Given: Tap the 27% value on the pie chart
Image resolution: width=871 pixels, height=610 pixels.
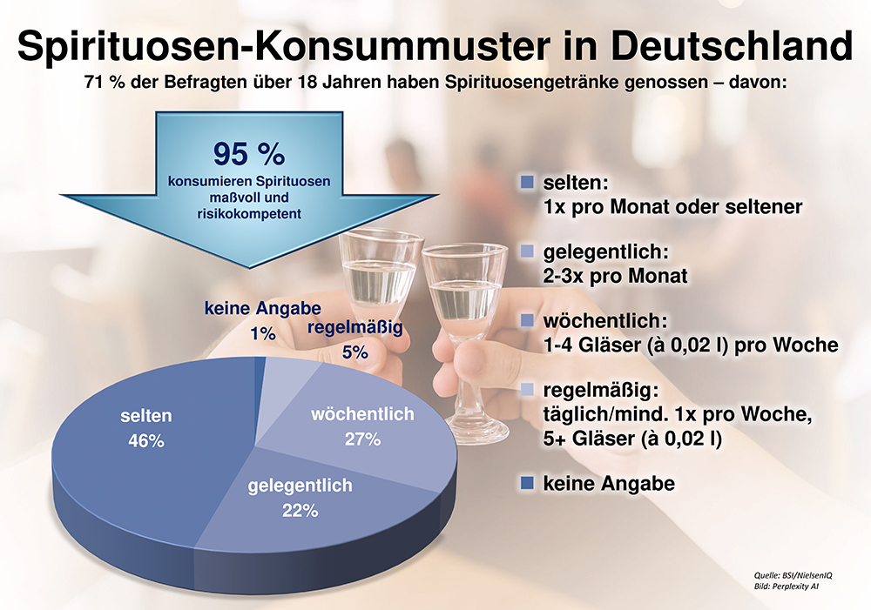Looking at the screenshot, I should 362,439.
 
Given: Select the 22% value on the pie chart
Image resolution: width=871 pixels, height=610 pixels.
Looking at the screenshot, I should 299,512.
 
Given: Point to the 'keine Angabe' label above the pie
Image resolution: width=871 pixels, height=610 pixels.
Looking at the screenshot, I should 263,308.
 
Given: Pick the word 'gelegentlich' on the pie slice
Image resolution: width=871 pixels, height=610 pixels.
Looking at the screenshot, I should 300,486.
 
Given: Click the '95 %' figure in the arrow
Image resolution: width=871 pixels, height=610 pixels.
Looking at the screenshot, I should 249,154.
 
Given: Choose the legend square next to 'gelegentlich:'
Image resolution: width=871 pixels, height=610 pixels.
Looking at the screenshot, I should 525,251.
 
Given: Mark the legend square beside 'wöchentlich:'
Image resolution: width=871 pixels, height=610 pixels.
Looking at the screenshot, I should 525,320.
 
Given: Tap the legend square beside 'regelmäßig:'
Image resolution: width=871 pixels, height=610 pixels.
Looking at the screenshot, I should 525,390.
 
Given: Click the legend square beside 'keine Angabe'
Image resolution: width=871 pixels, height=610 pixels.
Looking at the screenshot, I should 525,483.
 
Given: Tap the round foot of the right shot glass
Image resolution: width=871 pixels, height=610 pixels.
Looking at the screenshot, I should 476,430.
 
